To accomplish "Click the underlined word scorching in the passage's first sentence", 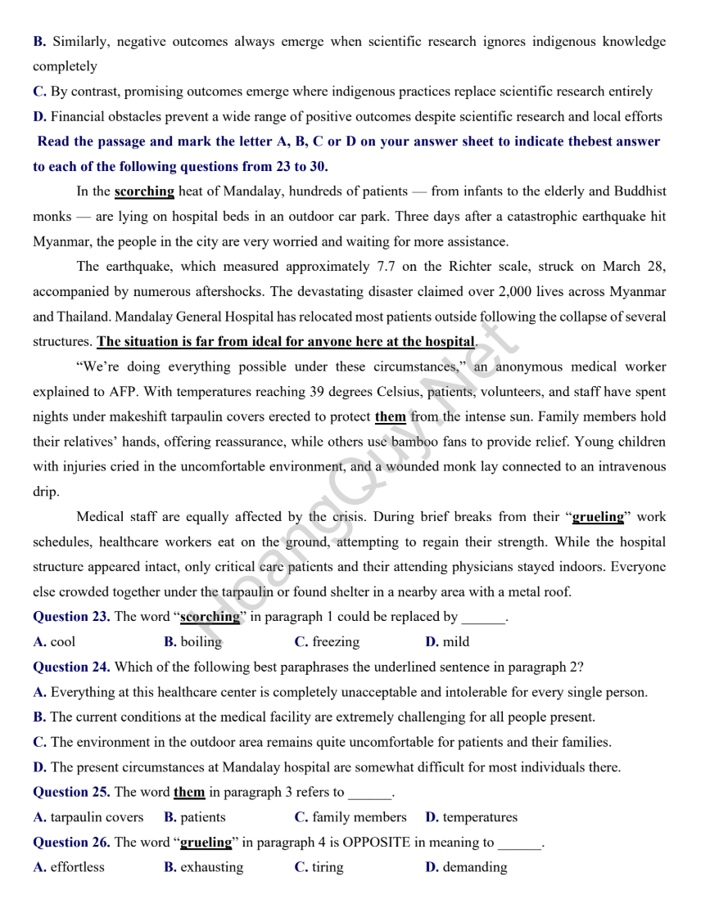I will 144,191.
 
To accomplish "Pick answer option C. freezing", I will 327,642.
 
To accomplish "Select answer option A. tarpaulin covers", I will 88,817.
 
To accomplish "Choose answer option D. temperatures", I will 472,817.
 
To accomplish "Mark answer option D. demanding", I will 466,867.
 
